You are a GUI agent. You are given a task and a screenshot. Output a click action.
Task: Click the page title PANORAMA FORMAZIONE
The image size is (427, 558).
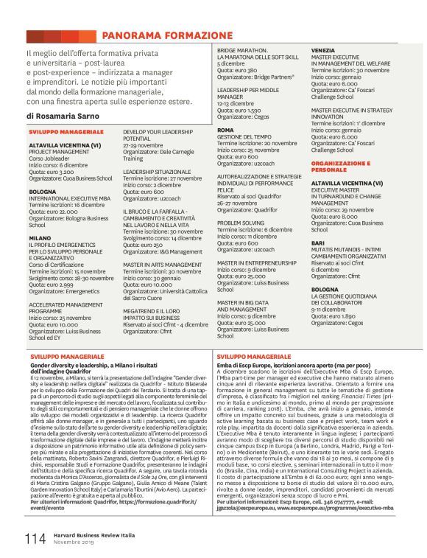coord(166,35)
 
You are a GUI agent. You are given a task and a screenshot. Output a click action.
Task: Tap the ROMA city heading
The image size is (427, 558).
coord(225,130)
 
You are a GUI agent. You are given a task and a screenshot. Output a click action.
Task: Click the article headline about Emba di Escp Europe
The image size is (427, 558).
coord(294,364)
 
